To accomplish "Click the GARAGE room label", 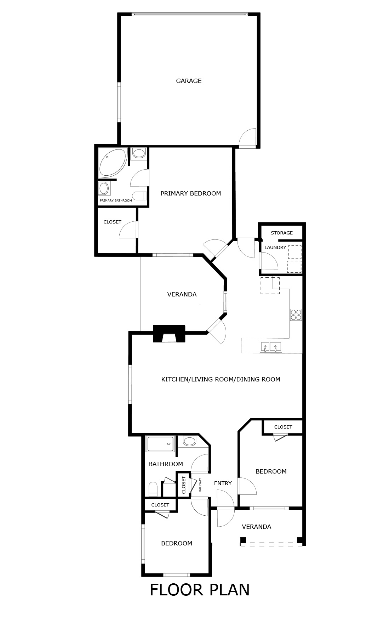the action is (x=189, y=81).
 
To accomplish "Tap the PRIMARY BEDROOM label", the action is (x=190, y=193).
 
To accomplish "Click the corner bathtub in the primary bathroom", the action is (x=113, y=163).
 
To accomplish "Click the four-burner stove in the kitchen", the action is (x=296, y=315).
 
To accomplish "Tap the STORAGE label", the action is (x=282, y=233).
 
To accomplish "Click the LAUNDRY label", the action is (x=275, y=248).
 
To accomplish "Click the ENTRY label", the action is (x=223, y=483).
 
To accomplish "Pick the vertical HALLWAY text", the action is (x=200, y=485).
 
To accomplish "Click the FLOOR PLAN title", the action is (x=200, y=590).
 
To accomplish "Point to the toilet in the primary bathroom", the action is (x=139, y=196).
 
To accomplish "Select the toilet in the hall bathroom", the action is (x=153, y=489).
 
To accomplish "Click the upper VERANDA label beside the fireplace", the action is (x=182, y=294).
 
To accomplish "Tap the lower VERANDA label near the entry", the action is (x=257, y=527).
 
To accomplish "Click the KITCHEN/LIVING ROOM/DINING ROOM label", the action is (x=221, y=379).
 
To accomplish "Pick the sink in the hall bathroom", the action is (x=190, y=441).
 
